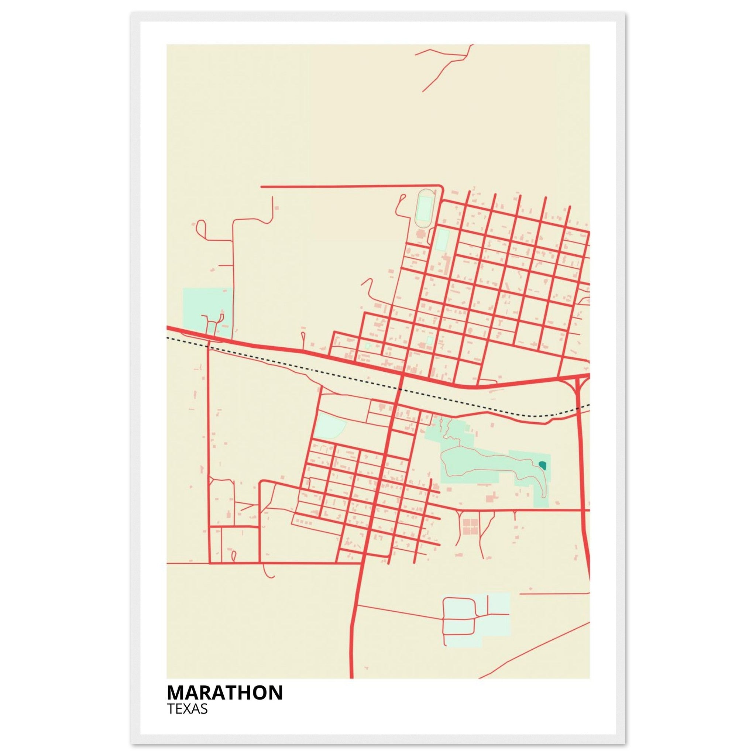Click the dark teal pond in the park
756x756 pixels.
(542, 465)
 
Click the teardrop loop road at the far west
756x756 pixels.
(202, 227)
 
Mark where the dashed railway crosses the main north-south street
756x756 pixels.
(399, 389)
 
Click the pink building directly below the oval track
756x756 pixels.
(422, 235)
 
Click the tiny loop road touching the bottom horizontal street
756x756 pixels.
(234, 556)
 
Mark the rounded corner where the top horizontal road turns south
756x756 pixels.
(441, 188)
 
